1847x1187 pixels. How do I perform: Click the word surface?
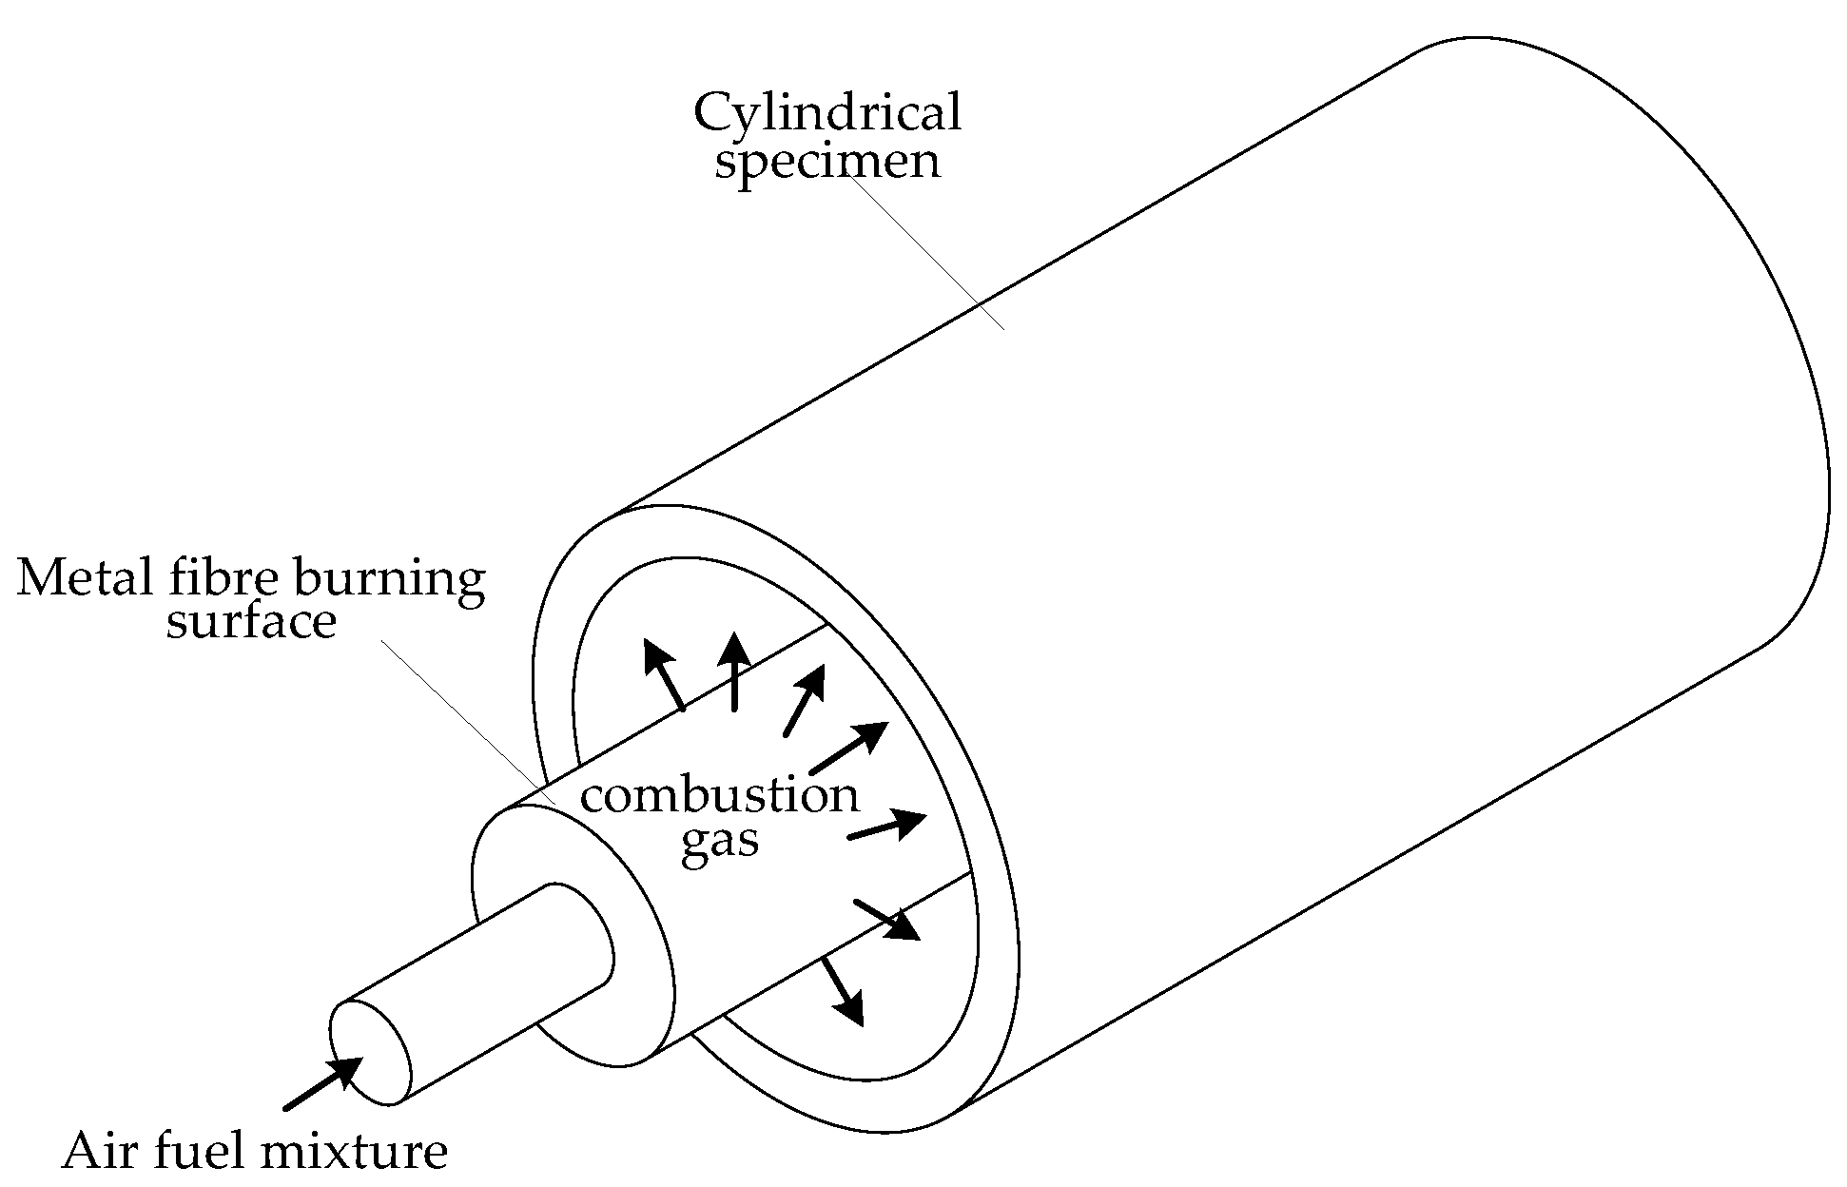pos(251,622)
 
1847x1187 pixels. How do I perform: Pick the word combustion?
pos(719,794)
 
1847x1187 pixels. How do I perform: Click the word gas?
pos(719,843)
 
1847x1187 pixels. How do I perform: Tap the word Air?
pos(102,1152)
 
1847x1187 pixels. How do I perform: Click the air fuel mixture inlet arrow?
pos(322,1083)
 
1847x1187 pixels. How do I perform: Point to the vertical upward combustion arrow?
pos(733,671)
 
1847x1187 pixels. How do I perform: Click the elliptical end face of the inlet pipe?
pos(370,1053)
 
